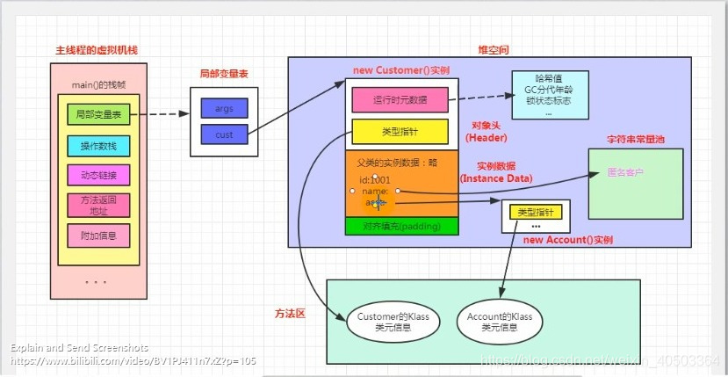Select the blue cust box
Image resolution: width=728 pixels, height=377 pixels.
[224, 134]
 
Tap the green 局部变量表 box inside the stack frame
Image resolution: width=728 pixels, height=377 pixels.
[98, 114]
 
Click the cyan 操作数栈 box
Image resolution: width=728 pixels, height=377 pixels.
[98, 145]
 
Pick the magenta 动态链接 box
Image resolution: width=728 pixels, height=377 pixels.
[98, 175]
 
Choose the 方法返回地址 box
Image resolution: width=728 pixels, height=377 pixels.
[98, 205]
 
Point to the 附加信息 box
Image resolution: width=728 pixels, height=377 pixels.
[98, 236]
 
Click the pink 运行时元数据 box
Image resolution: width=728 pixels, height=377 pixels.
[400, 100]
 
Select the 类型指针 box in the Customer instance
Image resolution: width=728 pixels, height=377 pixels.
[400, 131]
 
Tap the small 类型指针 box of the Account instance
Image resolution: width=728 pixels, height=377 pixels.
[535, 213]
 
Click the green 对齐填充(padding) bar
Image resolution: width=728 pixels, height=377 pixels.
[401, 226]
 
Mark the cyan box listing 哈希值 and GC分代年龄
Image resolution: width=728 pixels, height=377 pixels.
[548, 95]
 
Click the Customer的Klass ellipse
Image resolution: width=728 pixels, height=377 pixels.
[393, 322]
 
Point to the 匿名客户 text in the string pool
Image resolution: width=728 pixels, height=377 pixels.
[625, 172]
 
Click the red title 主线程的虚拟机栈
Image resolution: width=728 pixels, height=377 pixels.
[90, 52]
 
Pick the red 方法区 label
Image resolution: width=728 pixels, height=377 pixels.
[290, 313]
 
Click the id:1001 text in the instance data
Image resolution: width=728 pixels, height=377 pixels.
[374, 179]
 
